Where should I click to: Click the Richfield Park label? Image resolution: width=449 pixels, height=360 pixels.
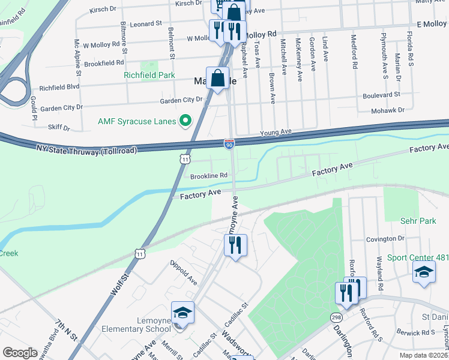click(x=149, y=75)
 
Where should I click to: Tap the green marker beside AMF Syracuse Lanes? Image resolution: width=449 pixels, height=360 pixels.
click(x=185, y=121)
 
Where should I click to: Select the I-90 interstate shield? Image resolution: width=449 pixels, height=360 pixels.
click(x=229, y=144)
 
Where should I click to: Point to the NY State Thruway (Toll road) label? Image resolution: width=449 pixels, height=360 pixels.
click(x=86, y=149)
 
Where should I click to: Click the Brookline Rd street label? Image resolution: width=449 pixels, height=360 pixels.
click(x=208, y=175)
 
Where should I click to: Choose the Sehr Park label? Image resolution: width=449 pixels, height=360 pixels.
click(x=418, y=221)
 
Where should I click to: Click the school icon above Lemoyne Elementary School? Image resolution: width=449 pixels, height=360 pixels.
click(x=182, y=313)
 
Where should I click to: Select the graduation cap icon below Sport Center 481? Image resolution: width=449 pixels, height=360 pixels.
click(x=424, y=272)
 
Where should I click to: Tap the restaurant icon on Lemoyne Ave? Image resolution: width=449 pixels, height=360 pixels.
click(x=235, y=245)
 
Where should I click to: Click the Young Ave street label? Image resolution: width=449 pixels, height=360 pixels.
click(x=276, y=131)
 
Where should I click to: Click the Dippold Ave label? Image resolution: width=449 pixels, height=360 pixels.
click(x=184, y=271)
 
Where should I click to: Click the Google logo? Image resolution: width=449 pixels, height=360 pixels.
click(x=20, y=353)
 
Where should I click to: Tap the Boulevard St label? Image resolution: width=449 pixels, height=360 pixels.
click(x=381, y=95)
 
